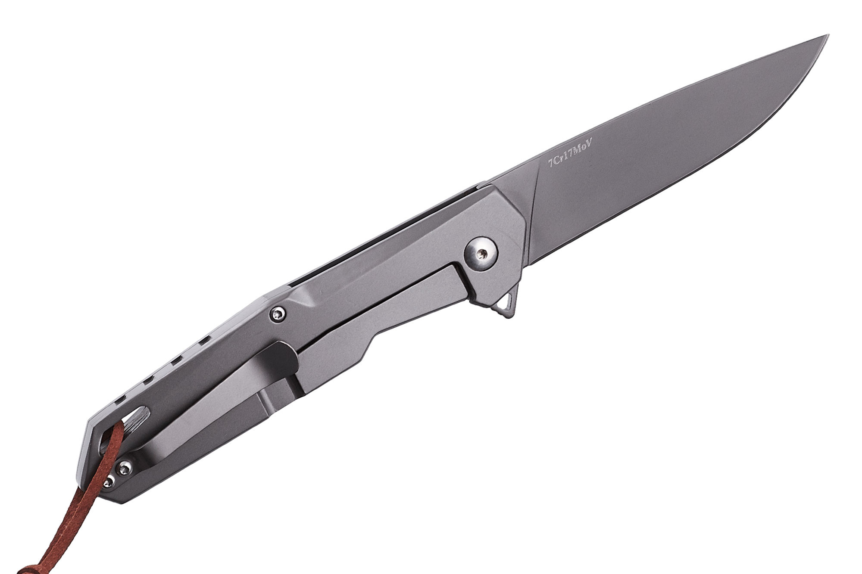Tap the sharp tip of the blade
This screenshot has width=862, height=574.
point(828,35)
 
